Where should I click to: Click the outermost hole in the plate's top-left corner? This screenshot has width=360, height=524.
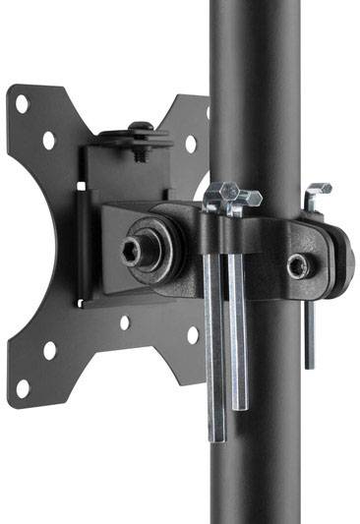click(x=22, y=103)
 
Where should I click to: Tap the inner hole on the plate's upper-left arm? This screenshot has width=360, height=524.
click(x=49, y=140)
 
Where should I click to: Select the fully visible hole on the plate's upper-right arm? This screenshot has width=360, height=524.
click(x=191, y=144)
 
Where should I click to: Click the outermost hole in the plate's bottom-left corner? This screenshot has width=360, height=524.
click(x=22, y=387)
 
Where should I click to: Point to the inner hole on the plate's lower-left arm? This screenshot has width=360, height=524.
click(x=50, y=349)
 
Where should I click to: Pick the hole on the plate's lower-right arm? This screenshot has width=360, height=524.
click(x=192, y=334)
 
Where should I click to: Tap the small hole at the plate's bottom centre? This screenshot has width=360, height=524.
click(x=124, y=321)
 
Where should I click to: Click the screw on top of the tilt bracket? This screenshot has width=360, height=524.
click(x=140, y=131)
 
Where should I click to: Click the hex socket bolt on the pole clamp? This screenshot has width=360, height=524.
click(x=296, y=265)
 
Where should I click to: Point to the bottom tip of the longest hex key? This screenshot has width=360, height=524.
click(x=215, y=437)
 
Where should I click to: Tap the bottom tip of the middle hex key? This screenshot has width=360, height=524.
click(x=240, y=405)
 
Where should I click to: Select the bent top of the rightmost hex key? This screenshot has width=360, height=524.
click(x=317, y=192)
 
